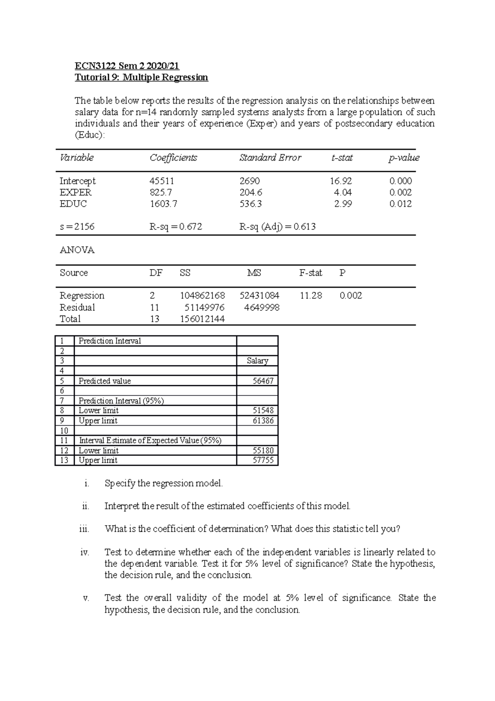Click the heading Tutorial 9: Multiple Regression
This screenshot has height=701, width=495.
pos(141,78)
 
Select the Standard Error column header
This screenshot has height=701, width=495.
pos(270,158)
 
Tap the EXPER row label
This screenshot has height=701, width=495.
pos(75,192)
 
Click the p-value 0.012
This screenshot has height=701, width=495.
pos(401,204)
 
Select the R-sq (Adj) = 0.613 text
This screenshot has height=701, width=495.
pos(278,227)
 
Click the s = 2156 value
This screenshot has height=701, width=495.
pos(77,227)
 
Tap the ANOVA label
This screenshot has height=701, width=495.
pos(77,250)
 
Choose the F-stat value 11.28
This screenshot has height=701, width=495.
pos(311,296)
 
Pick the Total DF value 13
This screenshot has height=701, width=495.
pos(155,319)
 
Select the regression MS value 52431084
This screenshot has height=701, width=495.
pos(259,296)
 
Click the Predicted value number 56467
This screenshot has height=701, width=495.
pos(263,381)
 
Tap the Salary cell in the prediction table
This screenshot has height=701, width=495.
pos(257,361)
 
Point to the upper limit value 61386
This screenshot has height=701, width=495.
pos(263,421)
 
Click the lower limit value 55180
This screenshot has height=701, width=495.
pos(263,451)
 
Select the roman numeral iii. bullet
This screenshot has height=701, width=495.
pos(84,529)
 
